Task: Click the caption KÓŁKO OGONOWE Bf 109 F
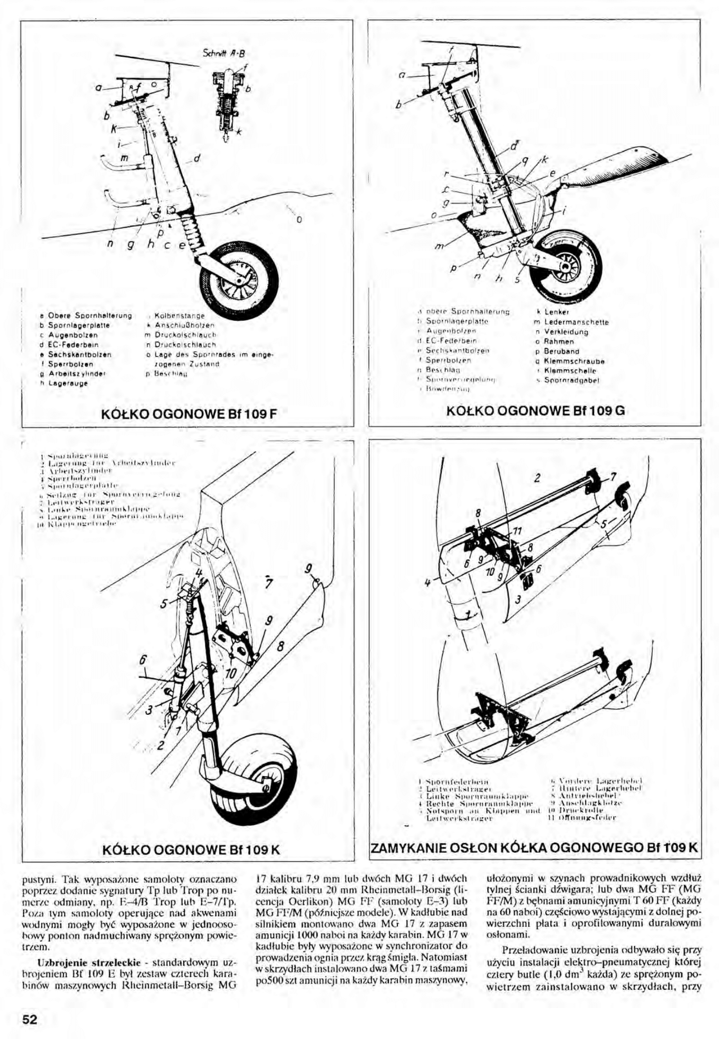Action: [188, 415]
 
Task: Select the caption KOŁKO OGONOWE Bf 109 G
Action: [535, 411]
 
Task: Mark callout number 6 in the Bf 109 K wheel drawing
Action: [143, 660]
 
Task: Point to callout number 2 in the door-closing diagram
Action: [537, 478]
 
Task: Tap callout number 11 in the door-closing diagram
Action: [518, 531]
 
